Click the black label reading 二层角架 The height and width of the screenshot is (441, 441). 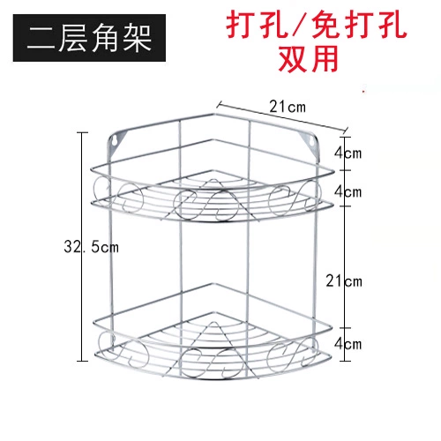click(89, 38)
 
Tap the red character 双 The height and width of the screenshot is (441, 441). click(292, 58)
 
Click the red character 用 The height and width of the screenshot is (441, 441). click(324, 58)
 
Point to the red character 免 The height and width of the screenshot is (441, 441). click(326, 26)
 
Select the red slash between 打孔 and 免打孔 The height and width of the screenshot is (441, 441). click(299, 26)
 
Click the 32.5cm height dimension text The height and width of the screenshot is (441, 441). click(92, 246)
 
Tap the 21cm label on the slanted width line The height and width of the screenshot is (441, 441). click(288, 107)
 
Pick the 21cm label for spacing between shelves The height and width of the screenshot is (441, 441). click(344, 281)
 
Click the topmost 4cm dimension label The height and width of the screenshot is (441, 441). click(348, 153)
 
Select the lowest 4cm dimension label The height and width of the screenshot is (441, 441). click(348, 344)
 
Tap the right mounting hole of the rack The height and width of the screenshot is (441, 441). click(310, 141)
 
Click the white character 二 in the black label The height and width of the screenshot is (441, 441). click(41, 38)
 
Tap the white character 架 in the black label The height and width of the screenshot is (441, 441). click(137, 38)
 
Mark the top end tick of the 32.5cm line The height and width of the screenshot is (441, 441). click(82, 132)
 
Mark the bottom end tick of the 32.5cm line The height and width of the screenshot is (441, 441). click(82, 361)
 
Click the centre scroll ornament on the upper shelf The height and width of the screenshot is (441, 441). click(206, 205)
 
